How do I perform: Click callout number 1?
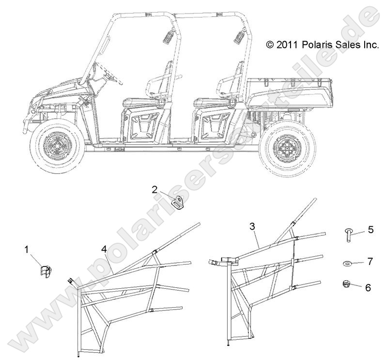27,250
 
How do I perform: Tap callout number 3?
252,226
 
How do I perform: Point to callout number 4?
104,250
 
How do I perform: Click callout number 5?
370,230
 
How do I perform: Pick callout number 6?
368,287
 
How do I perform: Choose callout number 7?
369,262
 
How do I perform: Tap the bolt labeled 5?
348,235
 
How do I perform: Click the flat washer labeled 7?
347,264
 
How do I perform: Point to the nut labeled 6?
346,284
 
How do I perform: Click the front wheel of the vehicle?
58,148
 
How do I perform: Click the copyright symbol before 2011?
270,45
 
